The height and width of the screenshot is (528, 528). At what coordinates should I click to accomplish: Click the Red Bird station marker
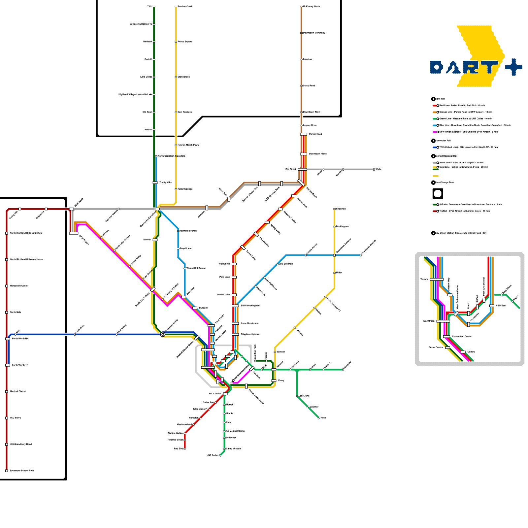click(x=185, y=448)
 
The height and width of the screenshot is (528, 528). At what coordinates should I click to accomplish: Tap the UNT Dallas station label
click(x=213, y=455)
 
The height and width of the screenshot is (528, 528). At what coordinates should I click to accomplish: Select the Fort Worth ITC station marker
click(x=8, y=339)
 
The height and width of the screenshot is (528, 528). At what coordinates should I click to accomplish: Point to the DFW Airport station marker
click(x=74, y=233)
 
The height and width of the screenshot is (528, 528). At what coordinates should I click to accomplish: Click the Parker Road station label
click(x=315, y=134)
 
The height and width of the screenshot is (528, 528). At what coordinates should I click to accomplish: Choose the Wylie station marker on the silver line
click(x=374, y=169)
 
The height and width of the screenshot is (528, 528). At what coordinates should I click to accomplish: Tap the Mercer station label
click(x=147, y=240)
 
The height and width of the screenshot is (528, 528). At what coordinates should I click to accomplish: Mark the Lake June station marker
click(x=297, y=396)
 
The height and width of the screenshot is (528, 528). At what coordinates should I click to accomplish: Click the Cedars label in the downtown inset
click(x=471, y=352)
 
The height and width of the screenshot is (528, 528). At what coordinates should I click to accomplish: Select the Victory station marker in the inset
click(x=437, y=279)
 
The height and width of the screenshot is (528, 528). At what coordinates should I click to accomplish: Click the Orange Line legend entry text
click(x=466, y=112)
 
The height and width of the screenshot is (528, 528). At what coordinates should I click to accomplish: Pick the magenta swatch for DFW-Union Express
click(x=435, y=132)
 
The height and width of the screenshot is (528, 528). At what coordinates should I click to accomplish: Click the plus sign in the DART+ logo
click(x=513, y=67)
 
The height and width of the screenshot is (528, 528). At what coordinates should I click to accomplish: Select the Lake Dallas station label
click(x=146, y=77)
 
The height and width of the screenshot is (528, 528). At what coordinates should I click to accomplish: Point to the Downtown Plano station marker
click(x=304, y=154)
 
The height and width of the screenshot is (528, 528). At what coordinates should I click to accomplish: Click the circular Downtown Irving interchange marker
click(x=163, y=334)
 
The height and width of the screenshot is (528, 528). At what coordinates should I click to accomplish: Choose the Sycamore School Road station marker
click(x=7, y=471)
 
